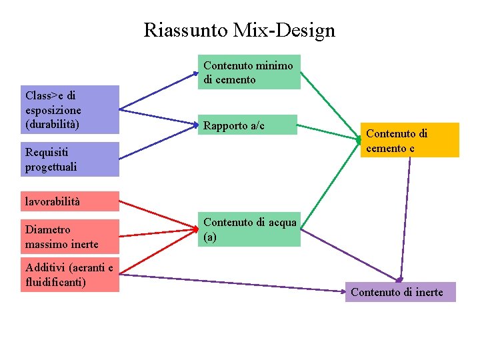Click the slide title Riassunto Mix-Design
click(239, 30)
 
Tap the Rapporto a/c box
click(248, 125)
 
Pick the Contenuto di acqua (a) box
click(250, 229)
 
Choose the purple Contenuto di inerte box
click(400, 292)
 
